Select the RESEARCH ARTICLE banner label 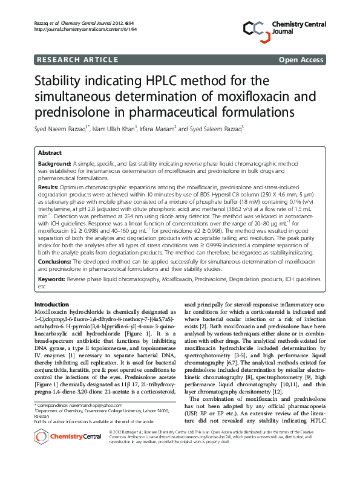point(77,60)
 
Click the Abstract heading point(50,153)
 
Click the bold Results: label point(48,188)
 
